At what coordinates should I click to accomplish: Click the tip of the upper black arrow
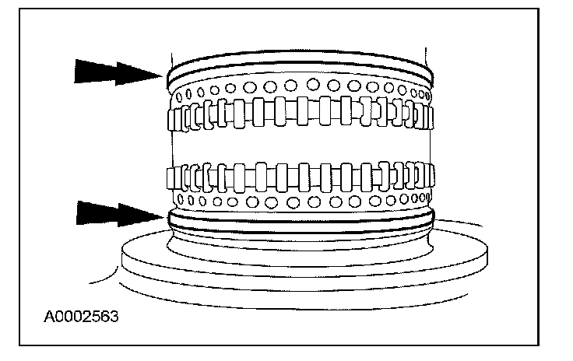pos(163,74)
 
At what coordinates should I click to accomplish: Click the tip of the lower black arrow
pos(164,212)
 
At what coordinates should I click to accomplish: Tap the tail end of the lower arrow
pos(78,212)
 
